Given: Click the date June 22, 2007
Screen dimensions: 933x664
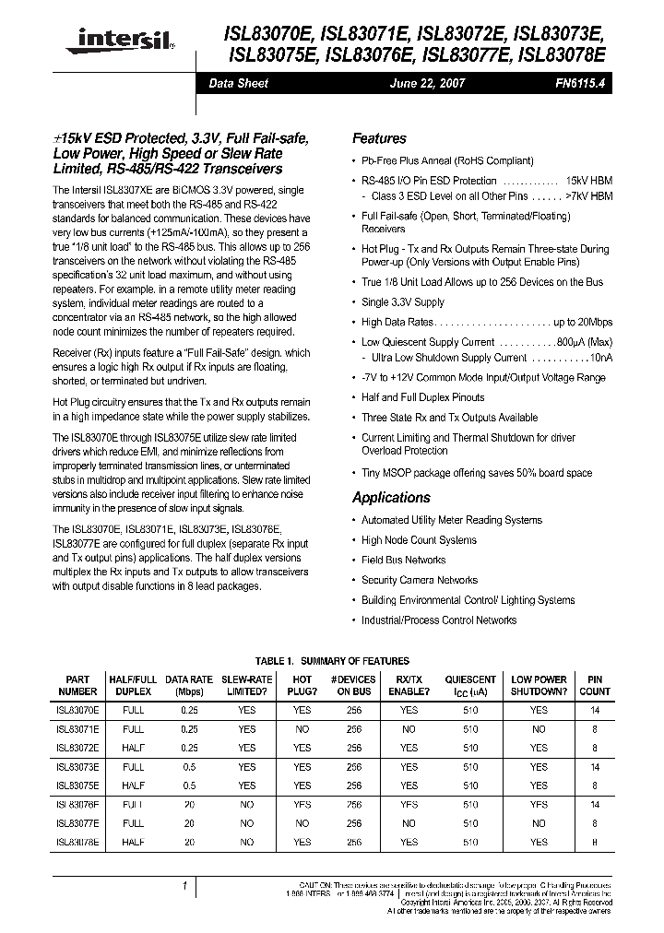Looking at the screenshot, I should click(x=428, y=83).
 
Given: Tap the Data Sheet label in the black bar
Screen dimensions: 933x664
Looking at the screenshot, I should click(x=238, y=83).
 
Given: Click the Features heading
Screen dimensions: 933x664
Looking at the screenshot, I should click(x=379, y=138).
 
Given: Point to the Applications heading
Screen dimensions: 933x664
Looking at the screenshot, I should click(x=391, y=497).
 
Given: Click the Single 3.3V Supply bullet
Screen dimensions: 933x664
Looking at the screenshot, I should click(x=402, y=301).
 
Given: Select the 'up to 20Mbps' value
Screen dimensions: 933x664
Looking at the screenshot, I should click(x=583, y=322).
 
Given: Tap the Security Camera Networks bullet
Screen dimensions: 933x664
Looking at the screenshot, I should click(x=420, y=580).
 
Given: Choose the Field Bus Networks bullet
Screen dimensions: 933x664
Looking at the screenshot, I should click(x=403, y=560).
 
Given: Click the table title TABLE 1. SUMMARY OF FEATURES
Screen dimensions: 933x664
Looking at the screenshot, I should click(x=330, y=661).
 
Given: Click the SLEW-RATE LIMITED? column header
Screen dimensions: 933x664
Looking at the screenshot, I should click(x=246, y=685).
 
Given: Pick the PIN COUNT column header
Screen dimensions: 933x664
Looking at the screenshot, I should click(x=595, y=685).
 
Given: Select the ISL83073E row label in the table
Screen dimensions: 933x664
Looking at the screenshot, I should click(x=77, y=767).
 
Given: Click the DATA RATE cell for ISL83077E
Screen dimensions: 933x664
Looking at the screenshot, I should click(x=189, y=823).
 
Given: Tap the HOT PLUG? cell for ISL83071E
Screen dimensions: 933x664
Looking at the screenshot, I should click(x=302, y=729).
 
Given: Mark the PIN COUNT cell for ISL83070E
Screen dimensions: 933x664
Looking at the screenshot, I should click(x=595, y=711).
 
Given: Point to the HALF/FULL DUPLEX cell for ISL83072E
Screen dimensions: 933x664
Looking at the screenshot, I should click(x=133, y=748).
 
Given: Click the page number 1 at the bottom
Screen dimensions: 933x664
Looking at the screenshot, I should click(x=185, y=886).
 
